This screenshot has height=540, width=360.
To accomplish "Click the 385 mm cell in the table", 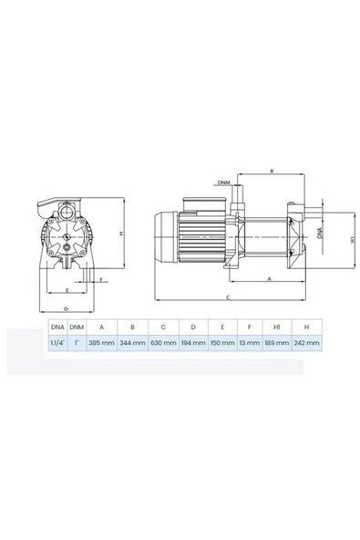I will click(x=101, y=343).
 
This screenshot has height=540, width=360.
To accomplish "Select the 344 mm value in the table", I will click(x=132, y=343).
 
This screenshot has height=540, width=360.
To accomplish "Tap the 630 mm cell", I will click(x=163, y=343).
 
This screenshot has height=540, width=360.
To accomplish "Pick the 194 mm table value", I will click(x=193, y=343).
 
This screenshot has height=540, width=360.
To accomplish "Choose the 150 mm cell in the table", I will click(x=222, y=343).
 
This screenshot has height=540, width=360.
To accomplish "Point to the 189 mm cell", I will click(x=277, y=343).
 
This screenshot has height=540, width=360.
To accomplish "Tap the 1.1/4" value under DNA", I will click(x=57, y=343).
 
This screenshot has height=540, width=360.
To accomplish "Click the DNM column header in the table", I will click(x=78, y=326).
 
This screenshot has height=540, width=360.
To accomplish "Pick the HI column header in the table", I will click(x=277, y=326).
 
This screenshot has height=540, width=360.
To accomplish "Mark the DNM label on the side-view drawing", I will click(x=223, y=182).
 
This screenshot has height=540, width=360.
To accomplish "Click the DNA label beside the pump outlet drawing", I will click(x=319, y=233).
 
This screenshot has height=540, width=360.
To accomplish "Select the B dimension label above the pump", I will click(x=271, y=171).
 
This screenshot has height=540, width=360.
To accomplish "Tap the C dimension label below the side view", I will click(x=227, y=297).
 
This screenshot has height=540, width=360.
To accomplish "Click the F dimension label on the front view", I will click(x=100, y=279).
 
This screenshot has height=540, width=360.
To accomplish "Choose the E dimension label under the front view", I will click(x=67, y=290).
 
